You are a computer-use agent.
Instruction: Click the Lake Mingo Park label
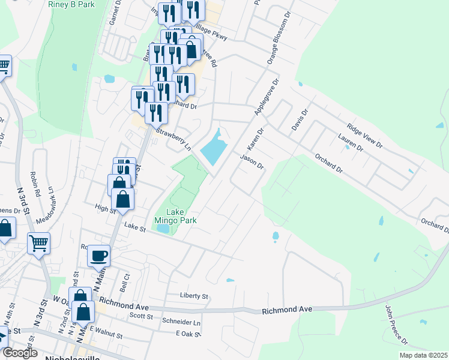click(176, 216)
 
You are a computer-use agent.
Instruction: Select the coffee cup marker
click(98, 256)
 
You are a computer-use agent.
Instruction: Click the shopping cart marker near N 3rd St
click(38, 244)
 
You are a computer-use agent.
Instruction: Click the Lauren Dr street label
click(351, 143)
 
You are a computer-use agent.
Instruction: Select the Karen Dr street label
click(256, 140)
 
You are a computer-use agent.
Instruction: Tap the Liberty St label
click(194, 296)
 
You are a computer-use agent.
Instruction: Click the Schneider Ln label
click(181, 322)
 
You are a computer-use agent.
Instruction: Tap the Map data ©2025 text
click(423, 355)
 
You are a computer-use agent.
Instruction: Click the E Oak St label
click(187, 334)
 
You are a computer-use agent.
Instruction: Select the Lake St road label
click(131, 226)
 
